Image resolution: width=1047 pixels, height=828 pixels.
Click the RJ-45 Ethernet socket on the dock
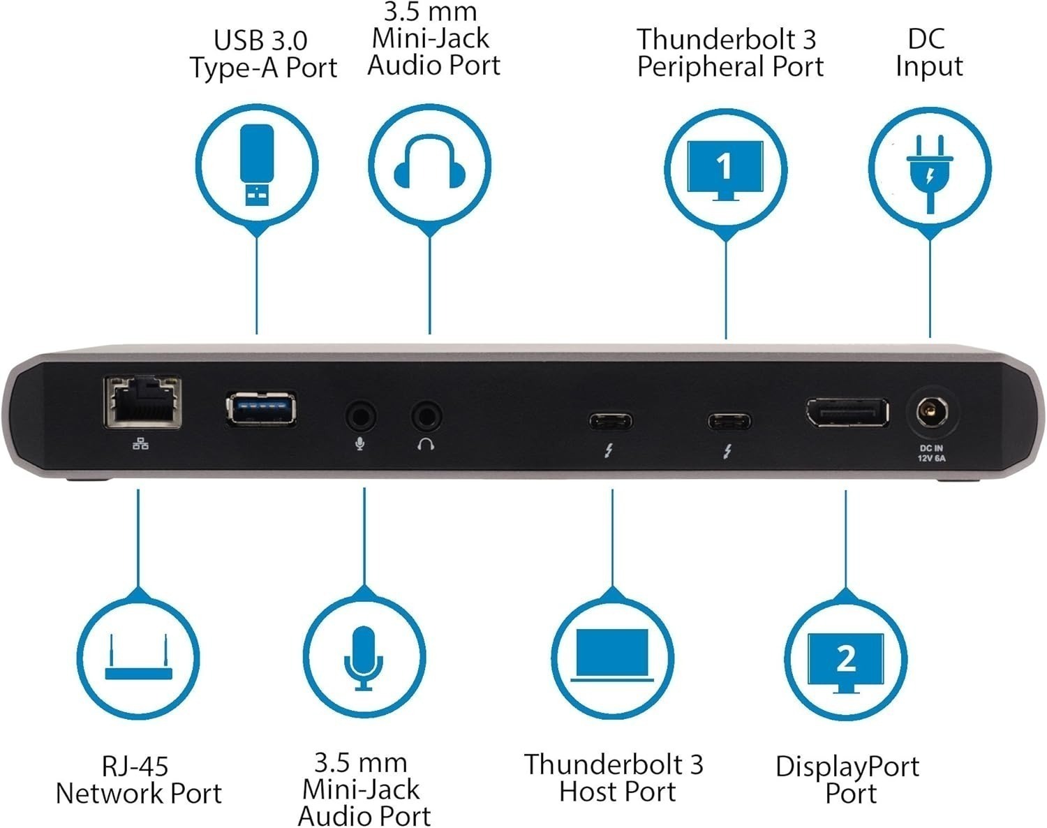[142, 402]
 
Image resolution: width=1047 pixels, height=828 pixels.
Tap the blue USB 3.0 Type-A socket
[261, 408]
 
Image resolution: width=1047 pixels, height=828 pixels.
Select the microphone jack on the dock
[361, 417]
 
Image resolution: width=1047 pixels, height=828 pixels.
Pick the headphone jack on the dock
[426, 417]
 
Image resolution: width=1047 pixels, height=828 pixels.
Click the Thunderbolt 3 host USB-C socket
[610, 422]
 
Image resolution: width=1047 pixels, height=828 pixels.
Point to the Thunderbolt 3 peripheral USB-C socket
[729, 422]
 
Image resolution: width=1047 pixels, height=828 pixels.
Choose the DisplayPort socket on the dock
[847, 413]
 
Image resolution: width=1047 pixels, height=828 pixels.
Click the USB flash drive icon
[256, 165]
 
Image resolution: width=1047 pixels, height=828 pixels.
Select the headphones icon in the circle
[429, 165]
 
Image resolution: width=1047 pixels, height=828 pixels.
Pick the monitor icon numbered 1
[725, 168]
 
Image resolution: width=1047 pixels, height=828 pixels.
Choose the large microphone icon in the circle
[364, 658]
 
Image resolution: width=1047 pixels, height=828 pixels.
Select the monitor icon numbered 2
[846, 660]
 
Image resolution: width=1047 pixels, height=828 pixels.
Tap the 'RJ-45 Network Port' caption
[138, 780]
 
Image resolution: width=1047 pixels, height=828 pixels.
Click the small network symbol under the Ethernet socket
[140, 443]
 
